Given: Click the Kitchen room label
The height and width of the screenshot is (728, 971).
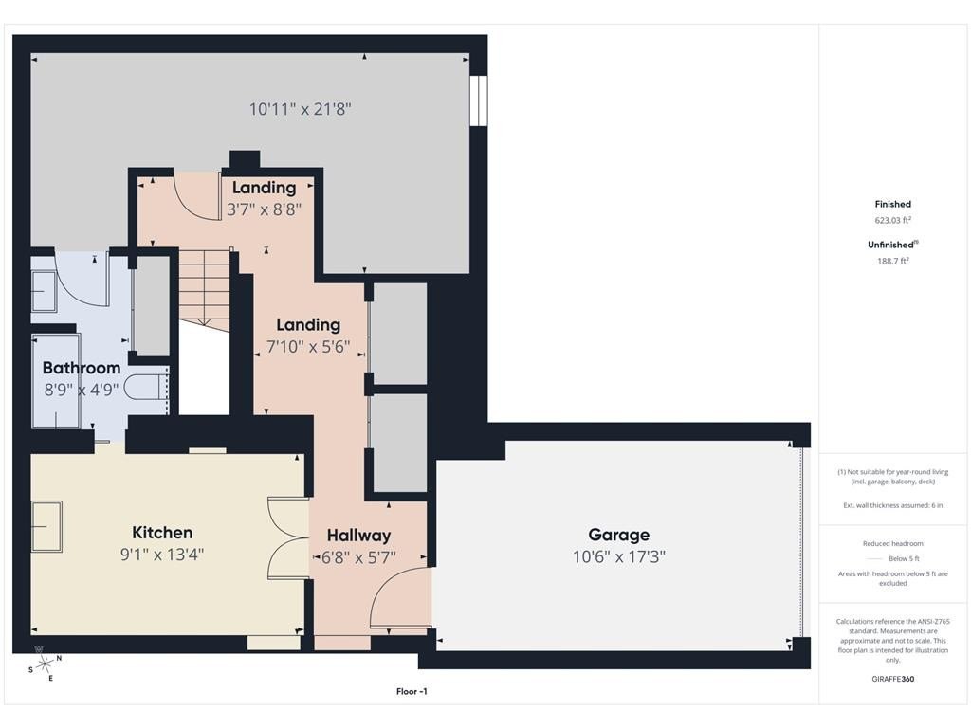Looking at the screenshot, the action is pos(162,533).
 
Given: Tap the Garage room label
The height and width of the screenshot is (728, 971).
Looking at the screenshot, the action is pos(618,535).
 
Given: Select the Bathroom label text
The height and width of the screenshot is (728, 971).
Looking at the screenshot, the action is pos(82,368).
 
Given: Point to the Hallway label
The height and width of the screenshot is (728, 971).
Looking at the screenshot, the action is pos(358,536).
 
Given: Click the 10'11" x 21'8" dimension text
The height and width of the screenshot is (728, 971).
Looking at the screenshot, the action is pos(300,109).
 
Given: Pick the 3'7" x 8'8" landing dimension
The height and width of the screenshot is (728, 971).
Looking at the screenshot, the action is pos(264,209).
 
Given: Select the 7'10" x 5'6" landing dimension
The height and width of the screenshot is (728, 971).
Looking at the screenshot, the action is pos(308,347).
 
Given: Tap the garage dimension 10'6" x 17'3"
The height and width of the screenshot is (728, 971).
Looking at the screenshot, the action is pos(618,556).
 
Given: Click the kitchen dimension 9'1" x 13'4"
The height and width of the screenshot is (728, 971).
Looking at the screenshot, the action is pos(162,554).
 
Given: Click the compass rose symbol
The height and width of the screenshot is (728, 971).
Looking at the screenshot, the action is pos(45,664).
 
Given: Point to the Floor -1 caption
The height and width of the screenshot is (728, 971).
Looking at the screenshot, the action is pos(412,691).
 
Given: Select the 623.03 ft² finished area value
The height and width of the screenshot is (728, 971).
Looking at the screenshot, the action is pos(892,220).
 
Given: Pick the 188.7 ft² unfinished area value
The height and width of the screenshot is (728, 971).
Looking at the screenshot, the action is pos(892,261).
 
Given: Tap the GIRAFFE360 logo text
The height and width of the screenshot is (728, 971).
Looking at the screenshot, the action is pos(892,679).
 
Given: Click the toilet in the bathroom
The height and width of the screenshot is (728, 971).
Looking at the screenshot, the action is pos(146,388).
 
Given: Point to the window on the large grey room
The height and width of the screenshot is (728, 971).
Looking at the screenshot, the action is pos(478,100).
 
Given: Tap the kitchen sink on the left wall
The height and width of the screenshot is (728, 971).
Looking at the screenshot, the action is pos(46,526).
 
